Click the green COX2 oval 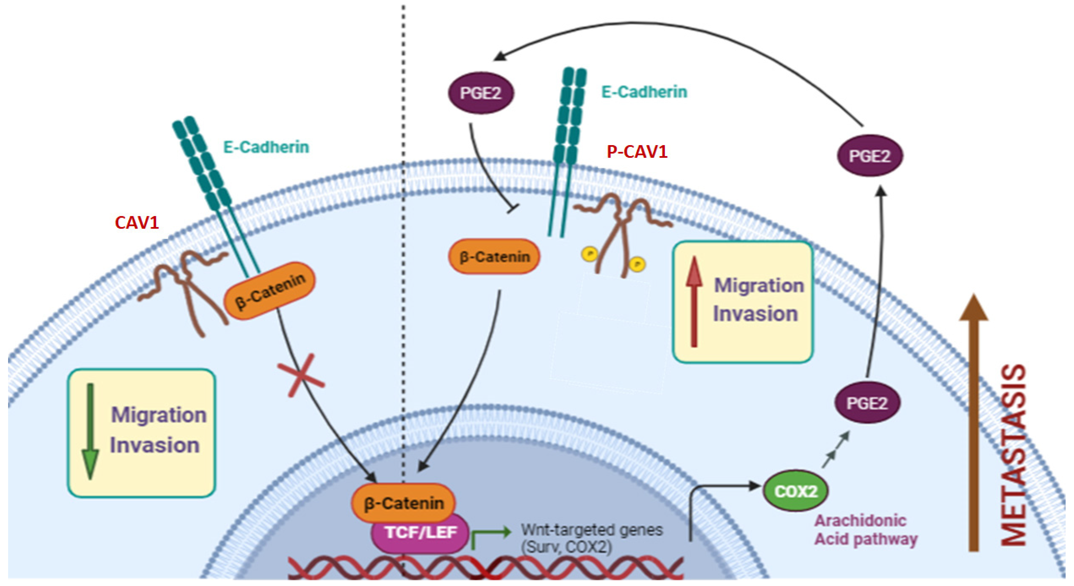point(795,491)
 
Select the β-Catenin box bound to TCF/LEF point(404,503)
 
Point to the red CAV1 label point(137,222)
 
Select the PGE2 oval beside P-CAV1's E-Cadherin point(481,93)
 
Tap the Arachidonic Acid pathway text point(866,530)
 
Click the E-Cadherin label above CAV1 point(266,147)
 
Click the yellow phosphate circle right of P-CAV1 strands point(637,264)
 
